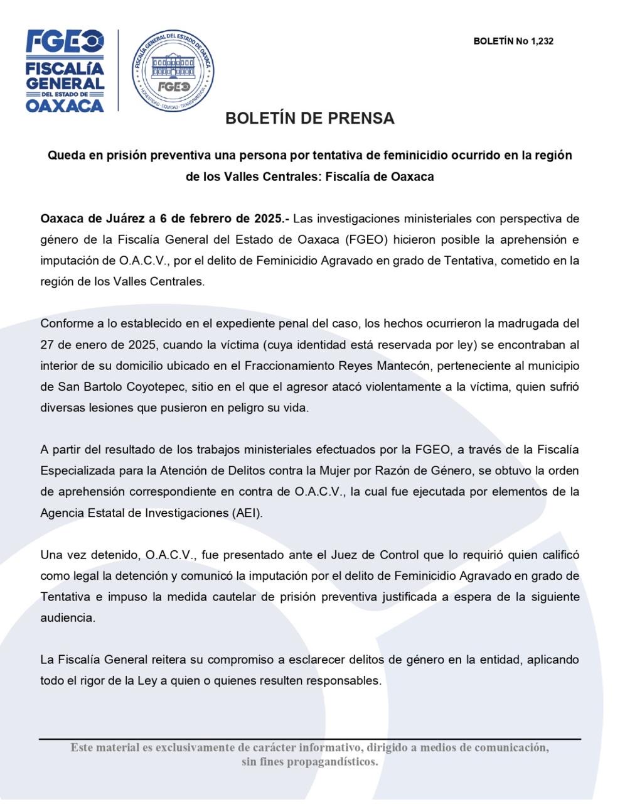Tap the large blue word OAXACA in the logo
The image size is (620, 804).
[65, 105]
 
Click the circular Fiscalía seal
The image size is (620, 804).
[173, 71]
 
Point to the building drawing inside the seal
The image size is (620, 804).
[173, 65]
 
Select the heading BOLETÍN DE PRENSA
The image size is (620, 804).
[310, 118]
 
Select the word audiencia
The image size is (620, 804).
[67, 618]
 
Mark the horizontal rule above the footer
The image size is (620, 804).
[310, 739]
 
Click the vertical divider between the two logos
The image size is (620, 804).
[119, 71]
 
